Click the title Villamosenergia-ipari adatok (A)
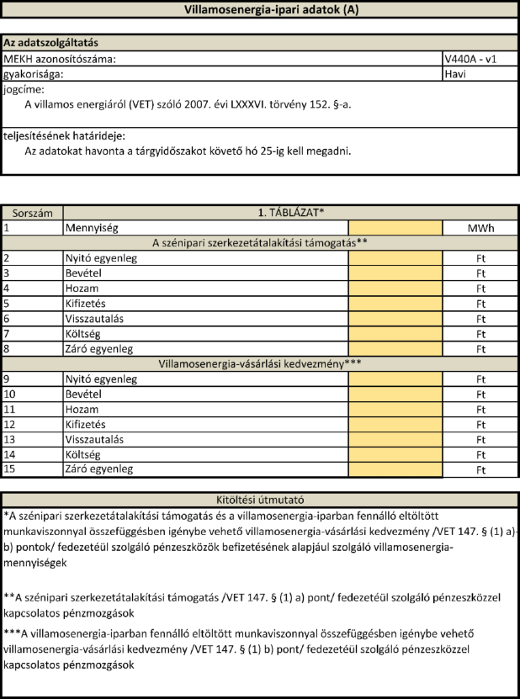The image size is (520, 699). [259, 9]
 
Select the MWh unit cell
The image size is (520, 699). [480, 228]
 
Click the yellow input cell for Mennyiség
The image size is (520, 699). [395, 228]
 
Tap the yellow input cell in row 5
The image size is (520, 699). [395, 303]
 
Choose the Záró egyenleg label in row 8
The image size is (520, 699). [98, 348]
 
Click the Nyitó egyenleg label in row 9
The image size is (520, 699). [100, 379]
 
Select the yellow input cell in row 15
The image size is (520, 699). [395, 469]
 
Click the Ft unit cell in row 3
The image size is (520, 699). [480, 273]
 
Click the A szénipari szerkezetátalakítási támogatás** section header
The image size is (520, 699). [260, 243]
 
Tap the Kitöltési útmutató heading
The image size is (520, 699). [259, 499]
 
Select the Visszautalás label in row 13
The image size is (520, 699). [94, 439]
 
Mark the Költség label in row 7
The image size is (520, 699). [84, 333]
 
